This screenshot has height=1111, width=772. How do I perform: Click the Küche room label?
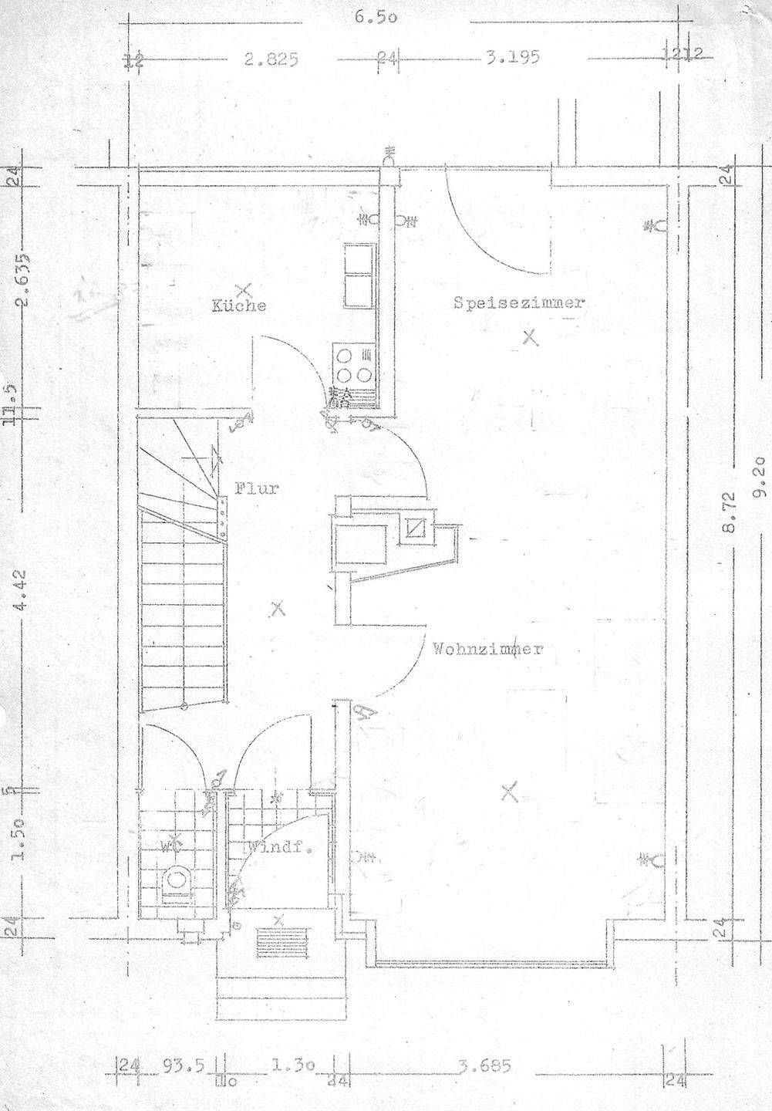pos(239,306)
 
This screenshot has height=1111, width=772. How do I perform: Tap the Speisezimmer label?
pos(517,303)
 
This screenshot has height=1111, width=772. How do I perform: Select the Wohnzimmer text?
pos(487,649)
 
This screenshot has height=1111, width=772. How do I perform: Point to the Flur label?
pos(256,488)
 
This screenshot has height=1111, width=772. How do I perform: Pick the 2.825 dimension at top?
pos(271,57)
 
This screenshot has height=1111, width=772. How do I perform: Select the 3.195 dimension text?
pos(512,56)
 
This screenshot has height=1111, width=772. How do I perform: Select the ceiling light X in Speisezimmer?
pos(529,336)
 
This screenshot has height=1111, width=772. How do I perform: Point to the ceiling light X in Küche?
pos(244,291)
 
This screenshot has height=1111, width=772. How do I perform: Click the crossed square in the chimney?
pos(416,528)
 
